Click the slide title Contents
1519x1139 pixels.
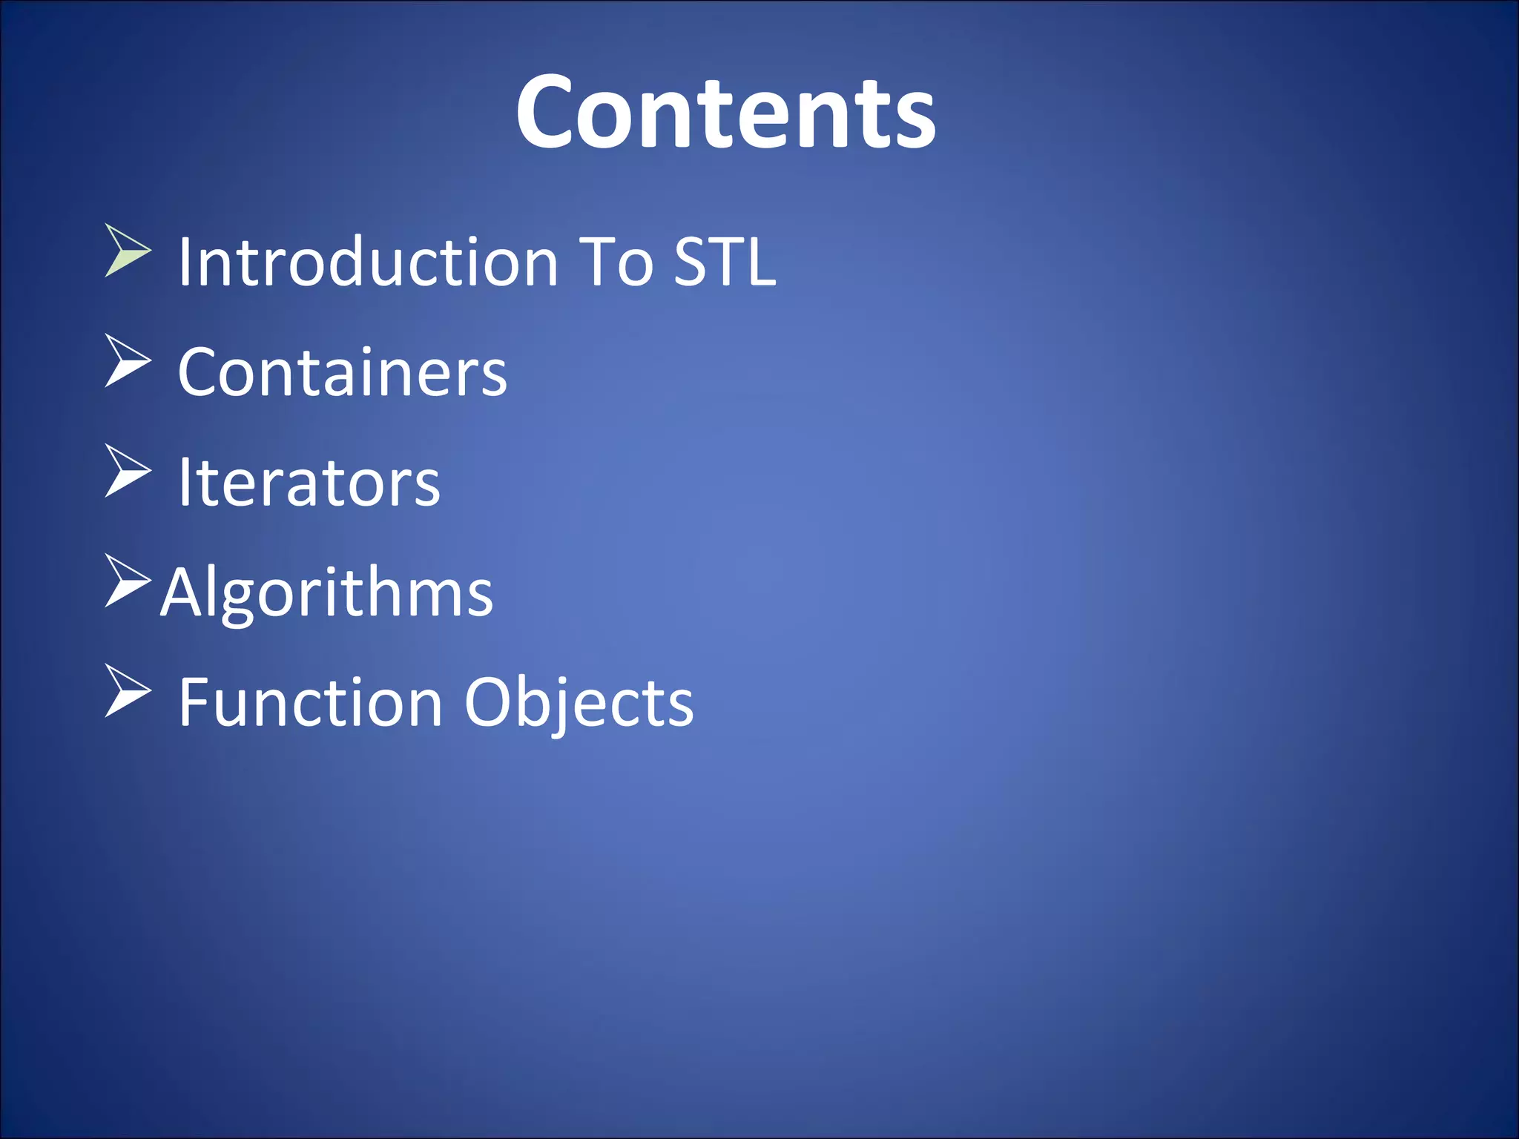coord(725,113)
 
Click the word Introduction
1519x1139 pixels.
coord(368,261)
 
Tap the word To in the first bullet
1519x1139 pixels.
coord(615,261)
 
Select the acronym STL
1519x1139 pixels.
coord(725,261)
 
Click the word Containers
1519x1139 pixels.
coord(343,372)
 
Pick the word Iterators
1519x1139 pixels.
coord(309,482)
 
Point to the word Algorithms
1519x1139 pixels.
coord(327,592)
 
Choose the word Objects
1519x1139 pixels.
coord(579,703)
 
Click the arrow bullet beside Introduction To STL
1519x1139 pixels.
coord(127,251)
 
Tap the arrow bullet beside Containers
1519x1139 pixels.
coord(127,360)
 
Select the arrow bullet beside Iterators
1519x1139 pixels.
coord(127,471)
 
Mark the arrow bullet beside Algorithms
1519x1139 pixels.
coord(127,581)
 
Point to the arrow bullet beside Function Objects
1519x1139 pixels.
coord(127,691)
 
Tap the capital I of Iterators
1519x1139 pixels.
coord(185,482)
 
